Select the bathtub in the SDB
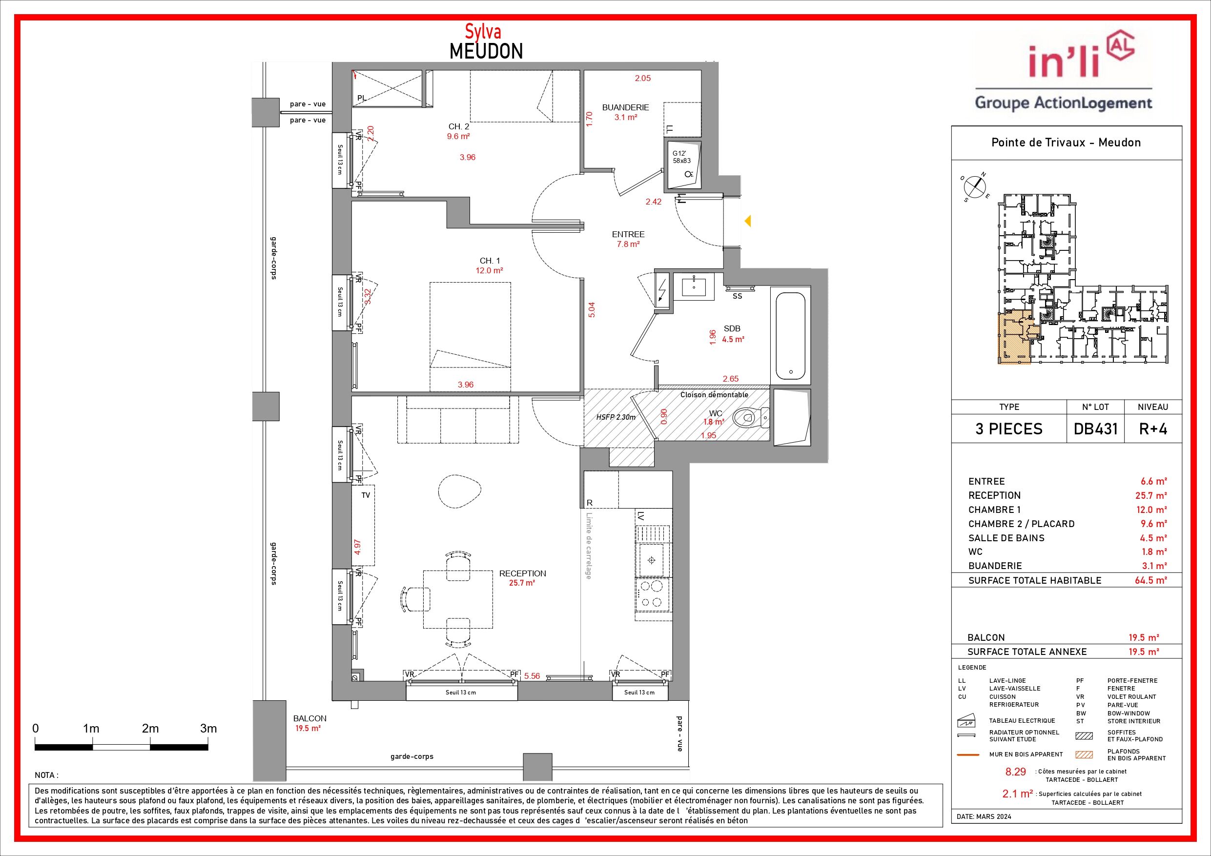click(x=790, y=335)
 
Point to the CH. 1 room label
click(x=490, y=261)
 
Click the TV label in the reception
click(x=366, y=495)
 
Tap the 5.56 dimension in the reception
click(x=532, y=675)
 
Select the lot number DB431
click(x=1095, y=429)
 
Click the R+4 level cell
click(x=1153, y=429)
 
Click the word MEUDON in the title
click(x=486, y=51)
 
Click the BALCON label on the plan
click(x=310, y=718)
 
